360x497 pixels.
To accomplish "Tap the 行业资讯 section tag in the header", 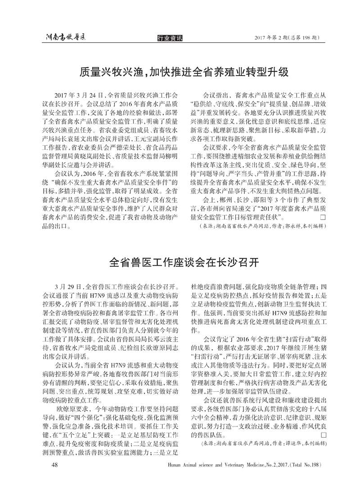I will pyautogui.click(x=171, y=38).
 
